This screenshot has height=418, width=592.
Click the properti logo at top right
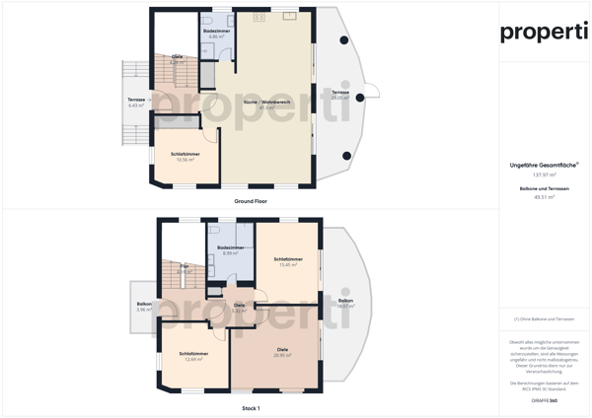[x=544, y=32]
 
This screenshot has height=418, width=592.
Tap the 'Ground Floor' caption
[x=251, y=200]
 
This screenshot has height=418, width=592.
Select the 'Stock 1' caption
[x=251, y=407]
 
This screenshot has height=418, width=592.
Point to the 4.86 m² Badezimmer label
[x=217, y=33]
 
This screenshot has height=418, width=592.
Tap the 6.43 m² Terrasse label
[x=136, y=103]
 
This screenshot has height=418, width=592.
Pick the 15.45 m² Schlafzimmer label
[x=289, y=261]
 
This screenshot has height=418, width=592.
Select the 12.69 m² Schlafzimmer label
[x=193, y=356]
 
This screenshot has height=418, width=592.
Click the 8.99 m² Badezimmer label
[x=230, y=249]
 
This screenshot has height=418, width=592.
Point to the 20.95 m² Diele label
[x=281, y=352]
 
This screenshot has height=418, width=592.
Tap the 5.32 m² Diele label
[x=239, y=308]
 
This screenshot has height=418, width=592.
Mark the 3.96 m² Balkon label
[x=144, y=307]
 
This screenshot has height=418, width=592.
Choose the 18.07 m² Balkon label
[x=345, y=303]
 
